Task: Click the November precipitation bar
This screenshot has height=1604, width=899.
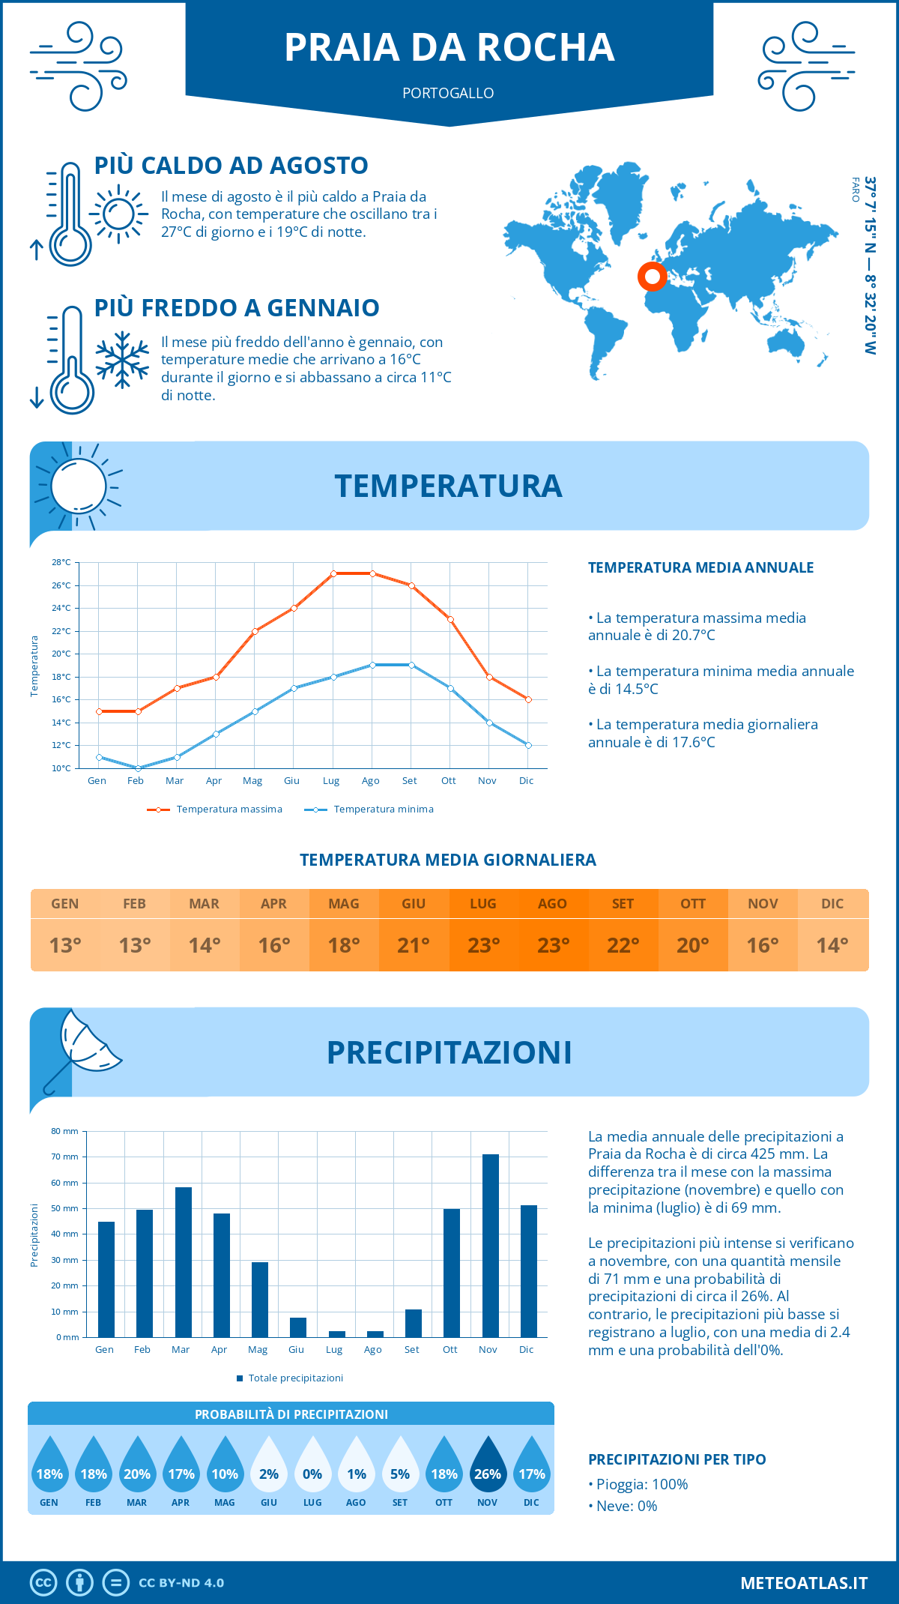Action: (491, 1246)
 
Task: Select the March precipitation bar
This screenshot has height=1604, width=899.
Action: (183, 1262)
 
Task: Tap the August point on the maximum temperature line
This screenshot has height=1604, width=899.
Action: (372, 573)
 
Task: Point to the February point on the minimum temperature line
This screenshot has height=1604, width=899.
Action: (138, 768)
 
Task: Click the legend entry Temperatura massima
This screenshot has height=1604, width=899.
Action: (216, 809)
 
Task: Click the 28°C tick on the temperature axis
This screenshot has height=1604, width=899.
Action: (61, 562)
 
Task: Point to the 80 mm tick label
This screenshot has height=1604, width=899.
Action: (64, 1131)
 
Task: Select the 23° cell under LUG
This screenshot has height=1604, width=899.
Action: (483, 945)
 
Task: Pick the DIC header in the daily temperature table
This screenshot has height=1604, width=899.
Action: (832, 904)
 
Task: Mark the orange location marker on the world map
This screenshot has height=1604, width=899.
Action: (653, 277)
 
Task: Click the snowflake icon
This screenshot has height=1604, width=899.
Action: (122, 360)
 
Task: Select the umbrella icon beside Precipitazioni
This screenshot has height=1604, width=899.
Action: (82, 1049)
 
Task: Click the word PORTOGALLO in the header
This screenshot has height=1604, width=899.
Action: (448, 94)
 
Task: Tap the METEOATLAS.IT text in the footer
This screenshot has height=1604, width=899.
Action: (804, 1583)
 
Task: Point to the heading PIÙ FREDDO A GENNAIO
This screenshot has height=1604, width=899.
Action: (237, 308)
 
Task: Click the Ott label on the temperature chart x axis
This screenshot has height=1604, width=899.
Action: (448, 781)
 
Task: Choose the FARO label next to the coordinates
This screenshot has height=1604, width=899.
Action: (856, 190)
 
